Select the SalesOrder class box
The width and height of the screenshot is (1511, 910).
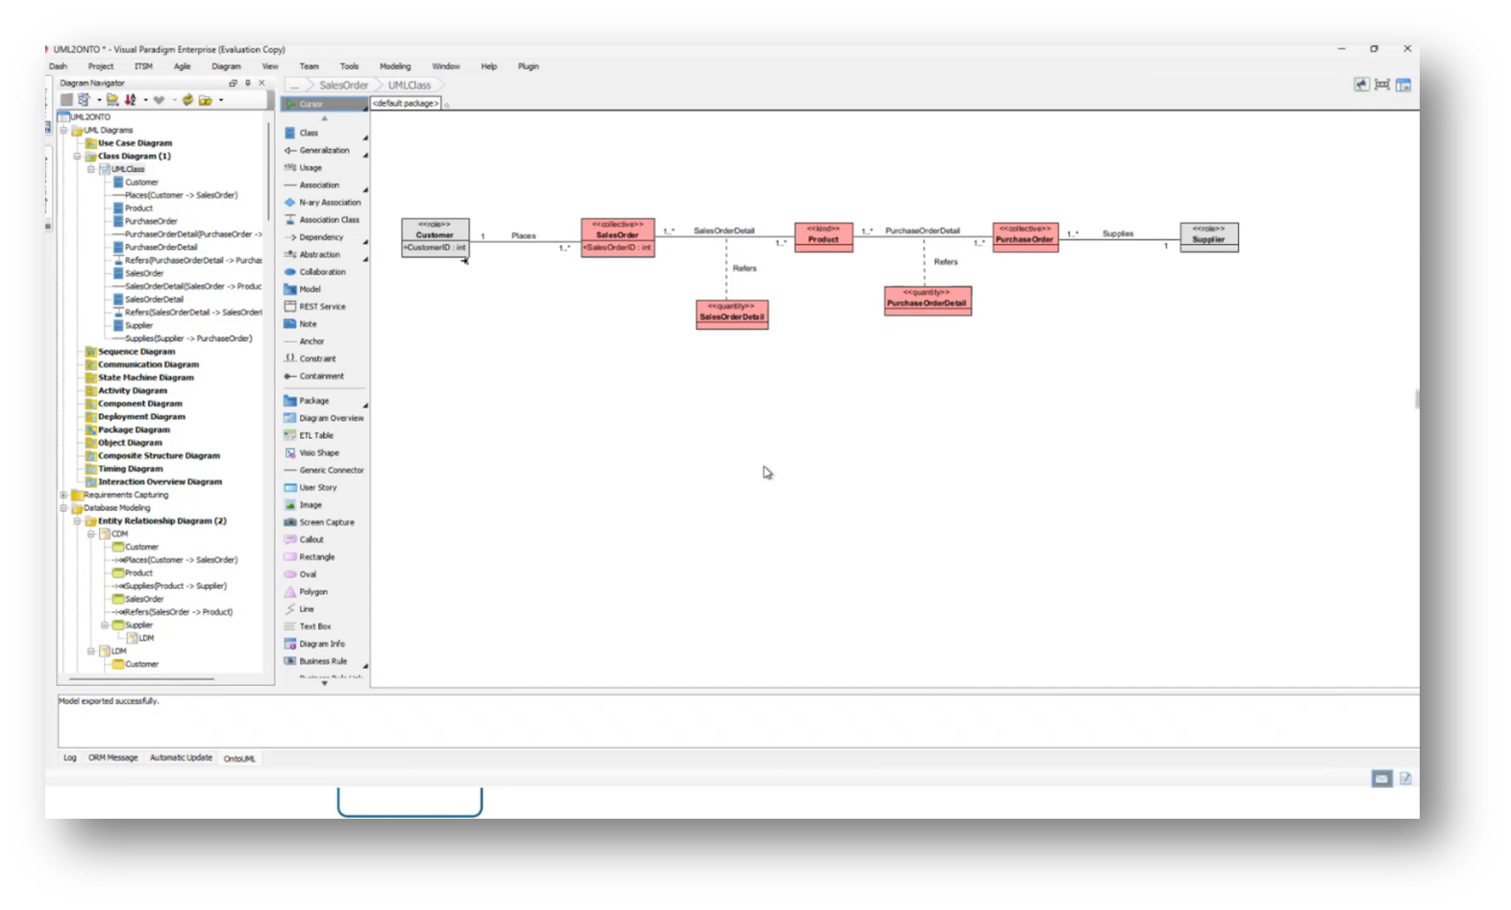point(617,236)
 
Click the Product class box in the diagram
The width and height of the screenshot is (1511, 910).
point(823,236)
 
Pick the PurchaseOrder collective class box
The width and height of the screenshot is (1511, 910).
point(1025,236)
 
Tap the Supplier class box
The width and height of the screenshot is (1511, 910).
point(1208,236)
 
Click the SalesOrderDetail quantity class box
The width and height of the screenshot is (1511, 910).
point(731,314)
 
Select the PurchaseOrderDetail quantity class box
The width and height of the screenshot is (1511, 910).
point(927,301)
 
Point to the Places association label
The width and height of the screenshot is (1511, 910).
point(524,235)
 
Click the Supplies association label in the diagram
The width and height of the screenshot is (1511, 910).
point(1117,234)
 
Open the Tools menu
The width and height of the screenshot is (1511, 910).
point(349,66)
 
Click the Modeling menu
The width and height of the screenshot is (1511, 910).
point(395,66)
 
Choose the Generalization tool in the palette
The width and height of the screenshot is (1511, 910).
point(324,150)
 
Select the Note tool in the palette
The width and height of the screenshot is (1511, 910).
point(308,324)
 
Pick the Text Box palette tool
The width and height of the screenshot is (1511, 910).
point(314,627)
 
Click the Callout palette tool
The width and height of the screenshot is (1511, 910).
point(311,539)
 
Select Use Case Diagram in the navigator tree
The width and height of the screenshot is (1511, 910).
point(135,143)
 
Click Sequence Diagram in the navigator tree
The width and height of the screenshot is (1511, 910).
point(136,352)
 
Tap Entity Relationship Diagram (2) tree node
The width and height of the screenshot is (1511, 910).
point(161,521)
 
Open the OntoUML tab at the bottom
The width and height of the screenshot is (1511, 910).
point(239,758)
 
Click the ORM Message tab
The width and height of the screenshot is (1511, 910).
point(113,757)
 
